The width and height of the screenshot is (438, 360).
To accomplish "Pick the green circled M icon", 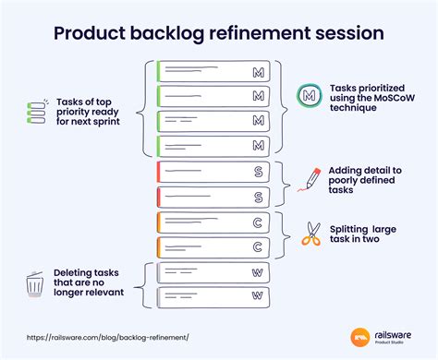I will [309, 95].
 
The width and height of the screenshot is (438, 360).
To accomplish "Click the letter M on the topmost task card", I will [258, 71].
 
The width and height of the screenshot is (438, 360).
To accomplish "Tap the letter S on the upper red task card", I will [258, 171].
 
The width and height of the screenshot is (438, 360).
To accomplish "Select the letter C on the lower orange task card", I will [258, 246].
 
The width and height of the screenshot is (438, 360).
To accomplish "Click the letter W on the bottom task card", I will [258, 296].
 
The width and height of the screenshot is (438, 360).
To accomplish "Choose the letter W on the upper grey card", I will [258, 272].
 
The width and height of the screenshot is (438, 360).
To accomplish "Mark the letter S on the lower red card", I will [258, 196].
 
